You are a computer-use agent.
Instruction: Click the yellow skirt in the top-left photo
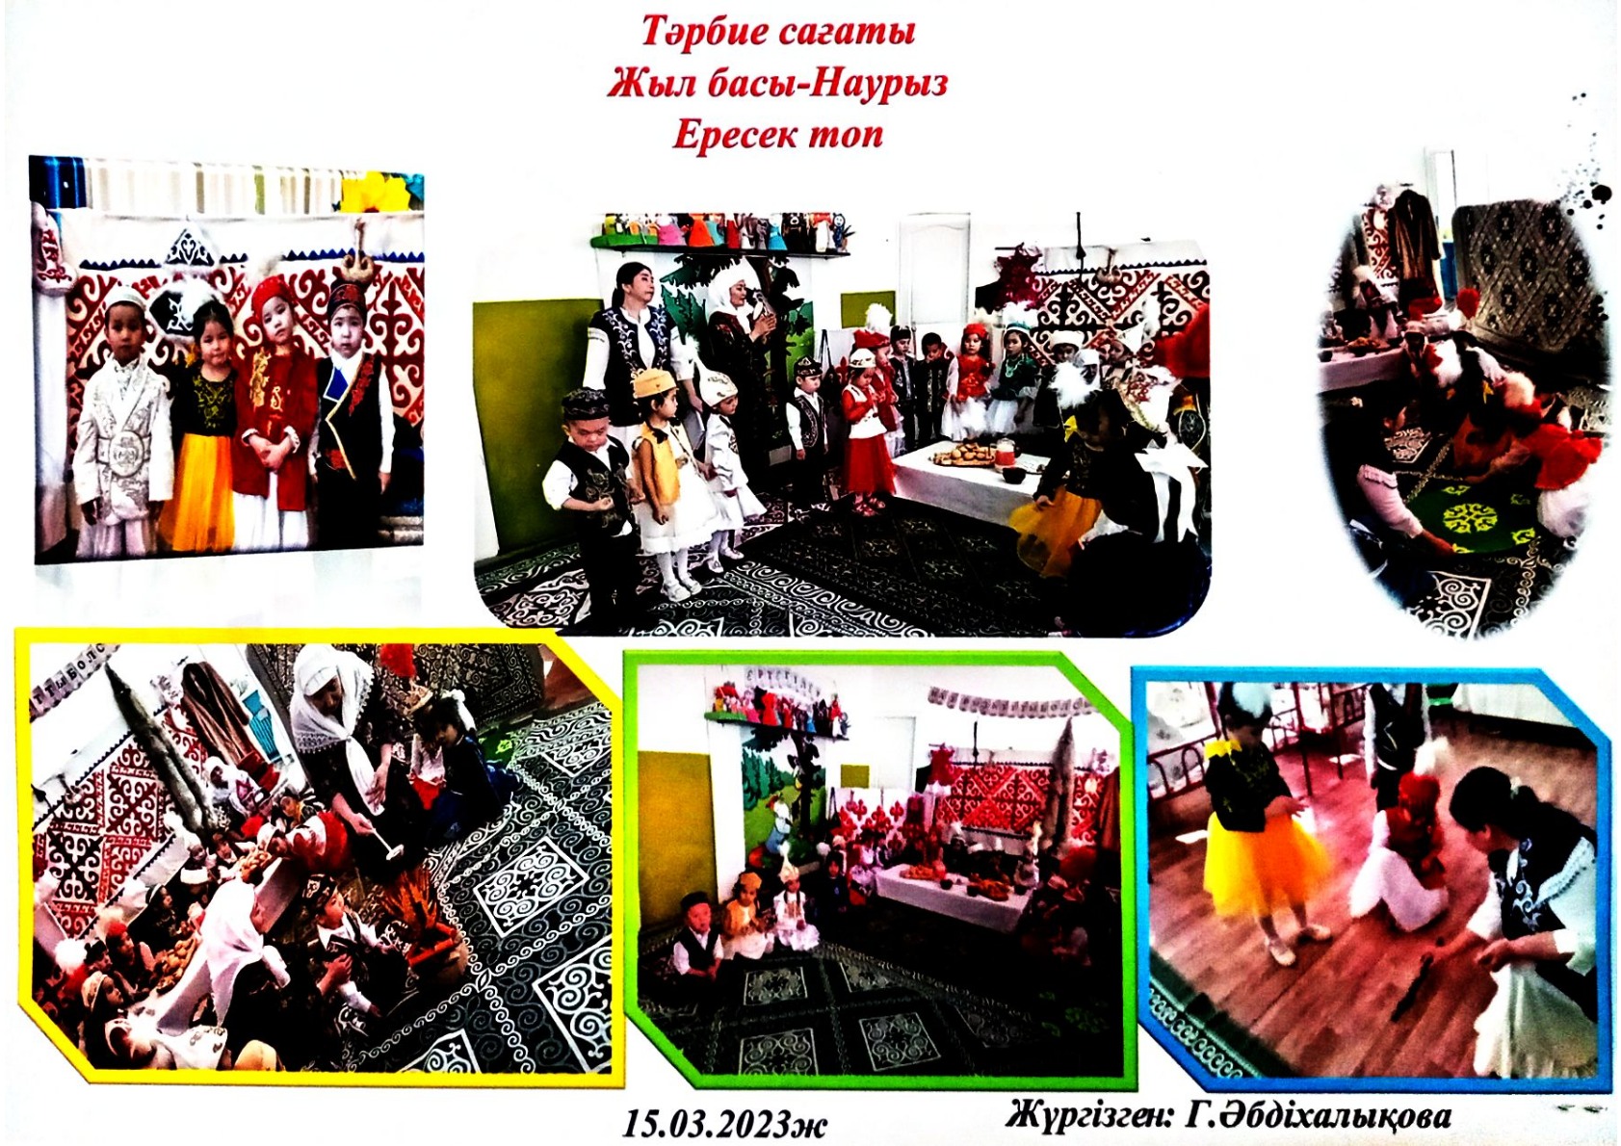tap(196, 488)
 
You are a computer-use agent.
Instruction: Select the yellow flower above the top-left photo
tap(377, 191)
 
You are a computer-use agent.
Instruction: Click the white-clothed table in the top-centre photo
tap(962, 479)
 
